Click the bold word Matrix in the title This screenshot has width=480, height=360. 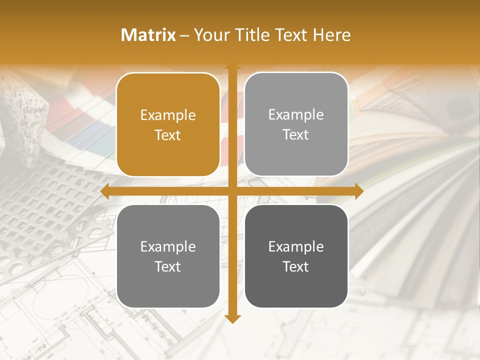click(148, 35)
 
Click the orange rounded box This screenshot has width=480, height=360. click(168, 124)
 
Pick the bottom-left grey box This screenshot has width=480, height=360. click(168, 256)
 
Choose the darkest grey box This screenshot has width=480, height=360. click(296, 256)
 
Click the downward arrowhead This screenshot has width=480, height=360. click(232, 318)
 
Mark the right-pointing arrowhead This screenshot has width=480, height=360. click(358, 191)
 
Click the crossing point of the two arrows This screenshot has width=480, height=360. click(232, 191)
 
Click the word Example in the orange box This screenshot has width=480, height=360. click(168, 115)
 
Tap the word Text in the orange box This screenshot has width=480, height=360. click(168, 135)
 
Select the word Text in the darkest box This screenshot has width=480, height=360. click(296, 266)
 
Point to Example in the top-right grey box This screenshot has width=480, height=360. click(296, 115)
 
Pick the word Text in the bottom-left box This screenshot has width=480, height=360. click(168, 266)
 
